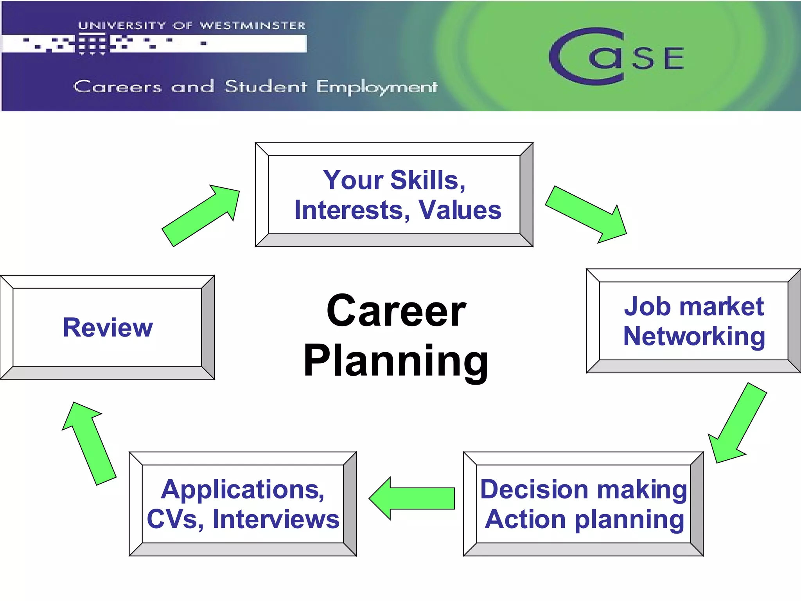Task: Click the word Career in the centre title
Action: tap(396, 311)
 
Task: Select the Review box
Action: tap(108, 327)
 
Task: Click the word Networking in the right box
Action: tap(694, 336)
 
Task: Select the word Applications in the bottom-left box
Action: tap(242, 489)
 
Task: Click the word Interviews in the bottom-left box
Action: tap(276, 520)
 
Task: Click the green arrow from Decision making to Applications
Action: tap(413, 498)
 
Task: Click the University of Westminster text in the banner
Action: tap(192, 26)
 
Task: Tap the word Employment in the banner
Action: tap(377, 87)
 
